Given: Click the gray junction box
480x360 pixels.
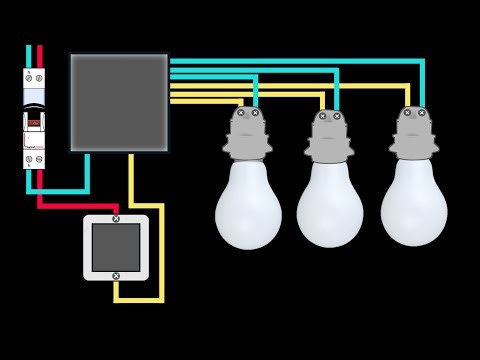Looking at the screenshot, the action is tap(119, 102).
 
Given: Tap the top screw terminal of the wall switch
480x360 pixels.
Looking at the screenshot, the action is tap(116, 218).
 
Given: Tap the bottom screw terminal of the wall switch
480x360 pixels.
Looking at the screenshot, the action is tap(116, 276).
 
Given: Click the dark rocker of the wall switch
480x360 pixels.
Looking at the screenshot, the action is tap(116, 247).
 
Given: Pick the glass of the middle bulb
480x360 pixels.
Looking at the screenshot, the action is tap(330, 205).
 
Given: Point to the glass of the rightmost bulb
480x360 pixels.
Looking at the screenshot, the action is tap(414, 203).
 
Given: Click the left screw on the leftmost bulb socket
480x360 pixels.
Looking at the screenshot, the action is tap(241, 113).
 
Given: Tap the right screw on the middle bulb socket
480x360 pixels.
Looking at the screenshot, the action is tap(337, 116).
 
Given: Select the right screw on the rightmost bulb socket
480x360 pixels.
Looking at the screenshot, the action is tap(421, 113).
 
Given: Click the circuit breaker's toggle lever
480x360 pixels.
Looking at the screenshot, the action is tap(34, 122).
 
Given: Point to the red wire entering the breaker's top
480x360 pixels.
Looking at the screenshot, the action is tap(39, 56).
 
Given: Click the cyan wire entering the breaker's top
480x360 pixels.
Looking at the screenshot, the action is tap(29, 56).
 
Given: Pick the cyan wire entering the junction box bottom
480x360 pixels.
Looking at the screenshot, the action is tap(87, 170).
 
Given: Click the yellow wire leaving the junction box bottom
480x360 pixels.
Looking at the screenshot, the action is tap(131, 180).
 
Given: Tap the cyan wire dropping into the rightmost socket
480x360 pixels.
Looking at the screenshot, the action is tap(422, 85).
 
